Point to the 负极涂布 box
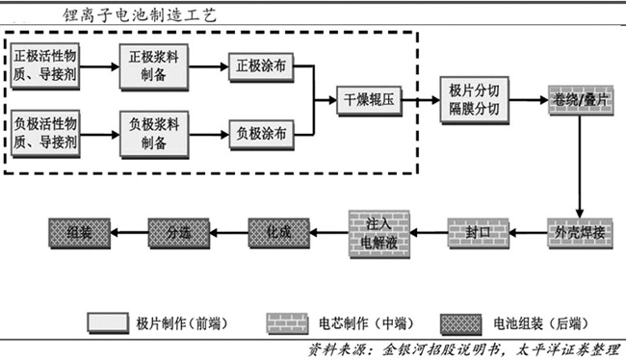point(260,134)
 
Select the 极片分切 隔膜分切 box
point(474,99)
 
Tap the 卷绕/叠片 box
point(579,99)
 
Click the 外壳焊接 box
point(579,231)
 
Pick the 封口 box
point(478,231)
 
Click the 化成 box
point(276,231)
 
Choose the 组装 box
point(78,231)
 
